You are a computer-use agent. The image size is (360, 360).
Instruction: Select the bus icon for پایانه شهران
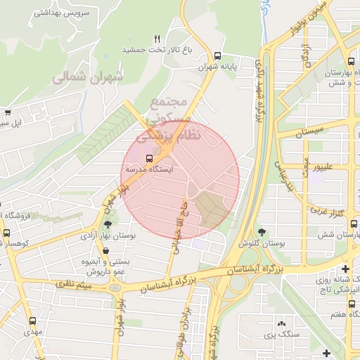[x=217, y=56]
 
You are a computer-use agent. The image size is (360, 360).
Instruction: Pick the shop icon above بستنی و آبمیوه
[x=105, y=250]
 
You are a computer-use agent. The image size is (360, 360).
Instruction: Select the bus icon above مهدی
[x=32, y=321]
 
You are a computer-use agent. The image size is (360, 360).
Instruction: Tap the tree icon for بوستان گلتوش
[x=262, y=231]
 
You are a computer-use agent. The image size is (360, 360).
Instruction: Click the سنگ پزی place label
[x=282, y=335]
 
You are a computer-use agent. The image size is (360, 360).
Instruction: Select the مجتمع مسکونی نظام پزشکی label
[x=175, y=117]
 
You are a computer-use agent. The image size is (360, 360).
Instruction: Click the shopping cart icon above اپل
[x=8, y=112]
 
